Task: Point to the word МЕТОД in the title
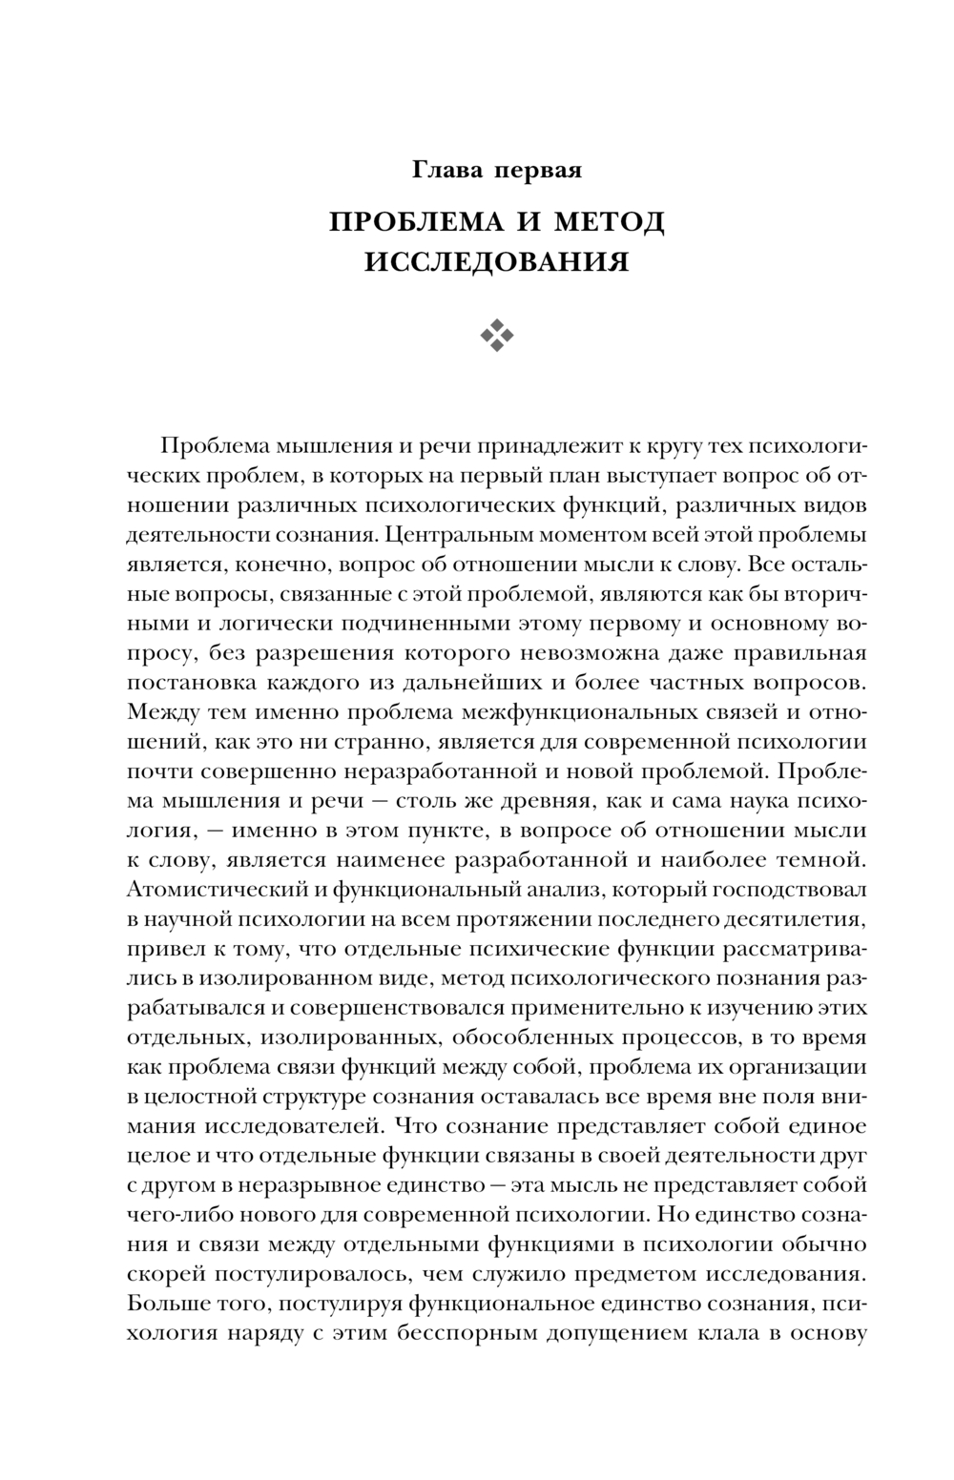[610, 222]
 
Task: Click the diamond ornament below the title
[497, 335]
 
